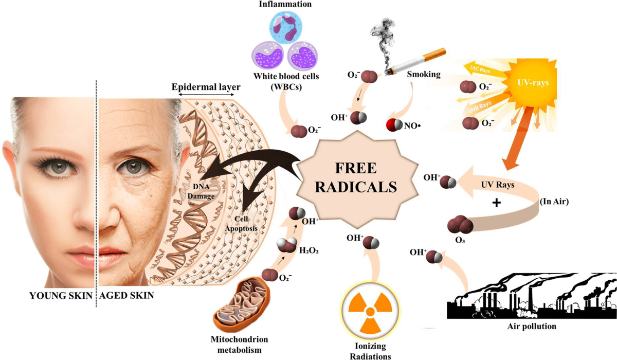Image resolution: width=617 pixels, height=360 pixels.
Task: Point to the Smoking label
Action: (x=424, y=74)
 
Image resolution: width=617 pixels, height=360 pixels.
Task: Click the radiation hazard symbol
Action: (x=369, y=311)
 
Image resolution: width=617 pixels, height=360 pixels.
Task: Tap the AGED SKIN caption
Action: (x=125, y=296)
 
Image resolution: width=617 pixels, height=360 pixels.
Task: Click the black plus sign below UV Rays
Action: (x=497, y=202)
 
